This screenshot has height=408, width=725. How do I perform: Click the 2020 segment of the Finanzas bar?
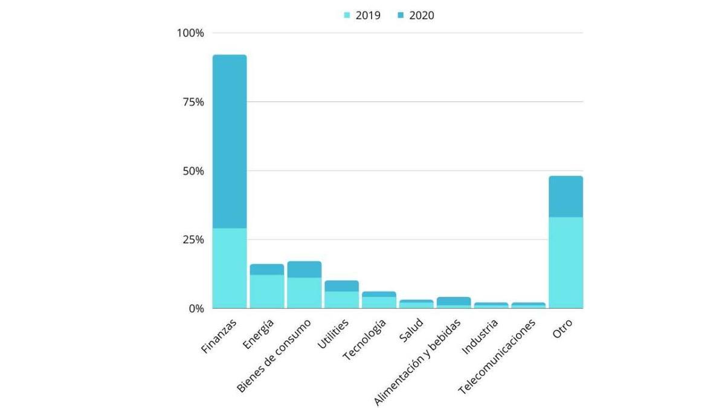pyautogui.click(x=230, y=141)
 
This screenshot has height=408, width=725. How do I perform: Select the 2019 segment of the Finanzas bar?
pyautogui.click(x=230, y=268)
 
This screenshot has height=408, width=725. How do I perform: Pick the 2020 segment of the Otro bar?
pyautogui.click(x=565, y=196)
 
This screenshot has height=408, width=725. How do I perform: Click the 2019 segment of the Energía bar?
pyautogui.click(x=266, y=291)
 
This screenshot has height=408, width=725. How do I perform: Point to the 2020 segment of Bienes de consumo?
pyautogui.click(x=304, y=270)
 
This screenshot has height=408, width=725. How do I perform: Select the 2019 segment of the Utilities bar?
pyautogui.click(x=341, y=299)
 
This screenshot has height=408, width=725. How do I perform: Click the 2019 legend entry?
pyautogui.click(x=362, y=16)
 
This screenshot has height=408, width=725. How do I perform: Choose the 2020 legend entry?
pyautogui.click(x=416, y=16)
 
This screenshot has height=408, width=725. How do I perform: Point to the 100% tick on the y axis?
pyautogui.click(x=190, y=33)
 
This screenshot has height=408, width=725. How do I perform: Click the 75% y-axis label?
pyautogui.click(x=193, y=102)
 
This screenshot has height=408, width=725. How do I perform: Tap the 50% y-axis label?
pyautogui.click(x=193, y=171)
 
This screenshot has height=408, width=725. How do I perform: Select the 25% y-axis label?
pyautogui.click(x=193, y=240)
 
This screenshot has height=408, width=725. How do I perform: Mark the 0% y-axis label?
pyautogui.click(x=195, y=309)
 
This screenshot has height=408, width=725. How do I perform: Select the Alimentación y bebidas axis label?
pyautogui.click(x=418, y=361)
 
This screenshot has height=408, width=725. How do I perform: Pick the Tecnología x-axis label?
pyautogui.click(x=365, y=340)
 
